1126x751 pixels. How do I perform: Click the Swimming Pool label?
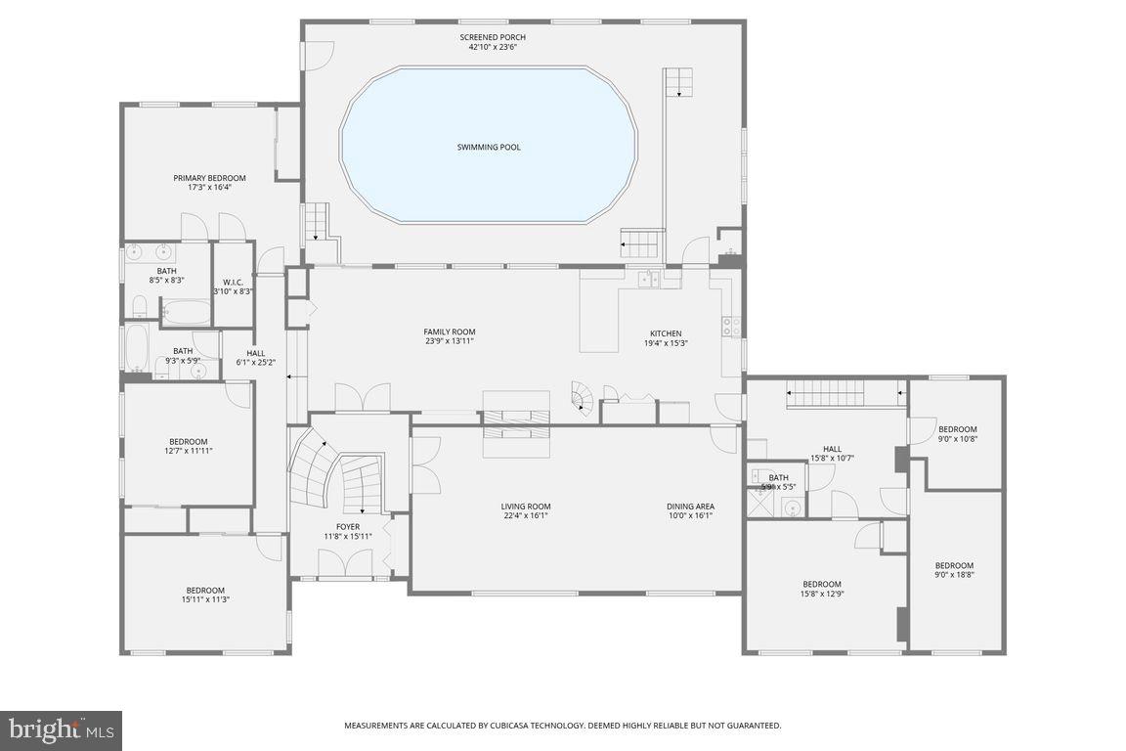coord(489,148)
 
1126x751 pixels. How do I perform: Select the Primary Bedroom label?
coord(210,178)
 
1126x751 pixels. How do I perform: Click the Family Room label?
coord(450,332)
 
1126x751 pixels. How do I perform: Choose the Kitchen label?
coord(666,333)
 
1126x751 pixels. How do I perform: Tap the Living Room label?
coord(526,507)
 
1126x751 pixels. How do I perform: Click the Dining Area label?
coord(690,507)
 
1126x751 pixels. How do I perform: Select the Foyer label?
coord(348,527)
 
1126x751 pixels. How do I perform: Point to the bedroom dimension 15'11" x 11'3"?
coord(205,599)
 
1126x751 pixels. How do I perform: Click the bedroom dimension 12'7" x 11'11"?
coord(188,452)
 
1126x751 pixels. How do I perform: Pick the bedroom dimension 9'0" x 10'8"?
coord(957,438)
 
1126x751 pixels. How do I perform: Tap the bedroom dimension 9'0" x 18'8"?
coord(954,575)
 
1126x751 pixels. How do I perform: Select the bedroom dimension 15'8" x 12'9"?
coord(822,594)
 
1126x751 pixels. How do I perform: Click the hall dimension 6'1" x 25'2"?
coord(256,362)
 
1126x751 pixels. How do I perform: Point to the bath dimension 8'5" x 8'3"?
coord(166,281)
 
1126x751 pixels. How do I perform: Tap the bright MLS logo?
coord(61,730)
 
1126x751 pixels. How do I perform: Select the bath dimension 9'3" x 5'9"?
coord(183,361)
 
